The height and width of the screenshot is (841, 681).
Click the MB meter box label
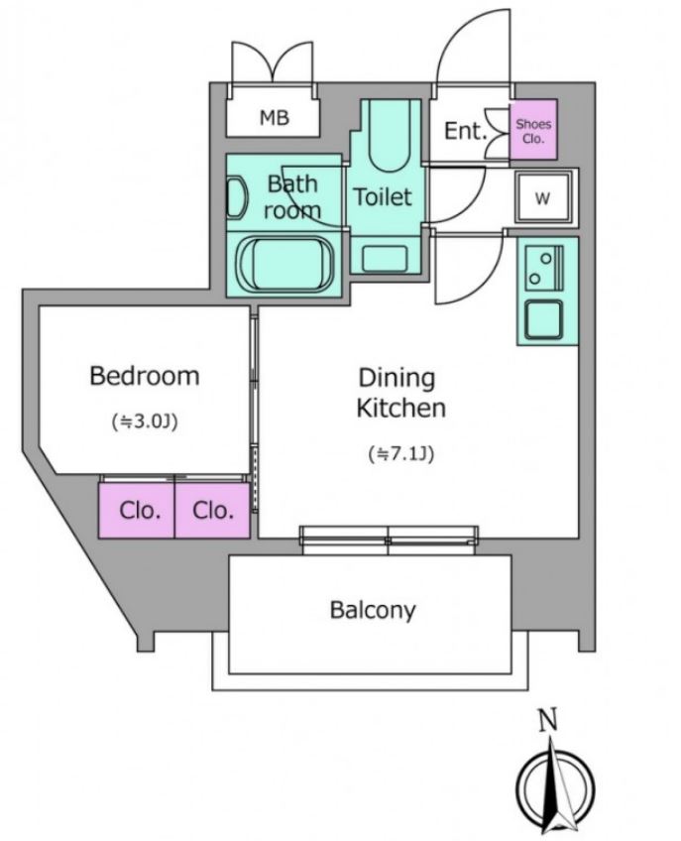pos(275,117)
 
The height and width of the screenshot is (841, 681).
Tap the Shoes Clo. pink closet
pos(533,129)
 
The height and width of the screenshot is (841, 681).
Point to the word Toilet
pos(383,196)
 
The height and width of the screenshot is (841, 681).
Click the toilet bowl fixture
pos(390,135)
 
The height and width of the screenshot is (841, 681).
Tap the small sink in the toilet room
pos(385,259)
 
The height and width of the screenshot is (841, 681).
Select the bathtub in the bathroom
pos(284,264)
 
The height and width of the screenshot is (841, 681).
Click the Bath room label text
pos(292,196)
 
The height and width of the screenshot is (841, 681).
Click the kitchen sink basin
pos(544,319)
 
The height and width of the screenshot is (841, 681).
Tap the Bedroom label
pos(145,376)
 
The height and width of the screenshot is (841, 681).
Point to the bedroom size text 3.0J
pos(145,421)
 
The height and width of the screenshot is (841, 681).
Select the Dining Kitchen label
pos(400,393)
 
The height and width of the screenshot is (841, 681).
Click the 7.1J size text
pos(401,454)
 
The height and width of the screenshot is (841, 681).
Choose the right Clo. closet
pos(212,510)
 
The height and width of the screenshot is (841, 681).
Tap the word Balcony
pos(373,610)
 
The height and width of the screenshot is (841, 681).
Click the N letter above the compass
pos(547,720)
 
